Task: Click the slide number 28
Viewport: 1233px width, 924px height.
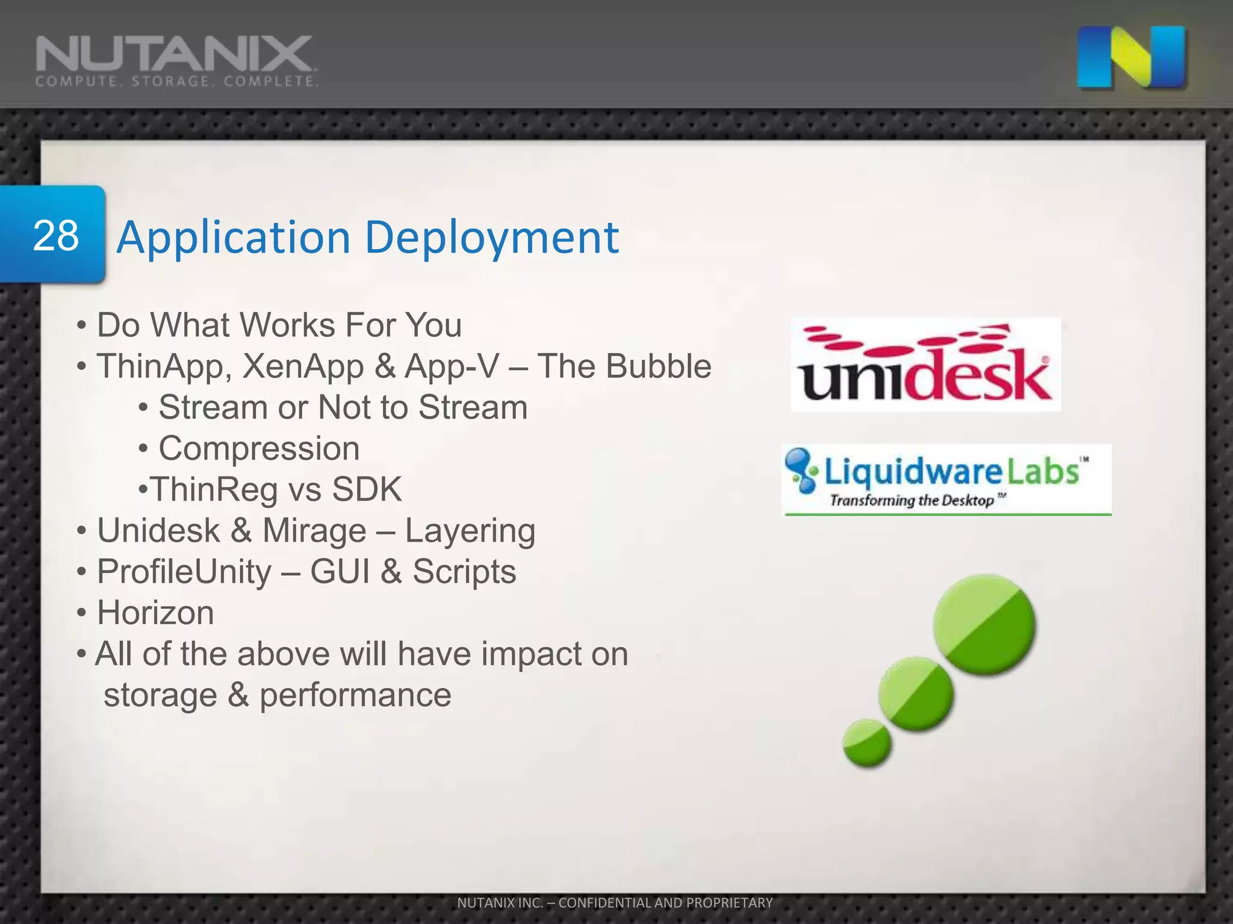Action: click(x=55, y=236)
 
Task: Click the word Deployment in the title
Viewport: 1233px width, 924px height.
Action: click(x=491, y=238)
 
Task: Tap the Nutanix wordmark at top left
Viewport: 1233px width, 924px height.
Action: click(x=175, y=54)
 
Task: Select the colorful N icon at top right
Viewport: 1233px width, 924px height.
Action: click(x=1131, y=57)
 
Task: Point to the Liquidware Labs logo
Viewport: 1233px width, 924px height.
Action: click(x=946, y=479)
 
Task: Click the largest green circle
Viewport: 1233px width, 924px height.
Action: click(x=984, y=624)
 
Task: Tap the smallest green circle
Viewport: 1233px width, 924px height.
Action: click(x=866, y=744)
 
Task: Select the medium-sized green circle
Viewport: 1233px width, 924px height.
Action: click(x=915, y=694)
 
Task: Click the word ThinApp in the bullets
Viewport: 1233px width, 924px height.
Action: click(x=160, y=366)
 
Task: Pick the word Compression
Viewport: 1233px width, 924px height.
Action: click(x=259, y=449)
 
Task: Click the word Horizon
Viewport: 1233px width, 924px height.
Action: click(x=155, y=613)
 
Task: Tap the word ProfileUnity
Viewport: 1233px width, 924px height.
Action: click(x=184, y=571)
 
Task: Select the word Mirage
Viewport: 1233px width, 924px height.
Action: click(x=314, y=531)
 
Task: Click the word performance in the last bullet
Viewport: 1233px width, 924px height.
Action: click(x=355, y=695)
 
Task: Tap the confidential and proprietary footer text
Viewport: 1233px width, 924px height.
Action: click(x=615, y=902)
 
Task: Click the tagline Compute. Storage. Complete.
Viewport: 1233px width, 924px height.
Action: click(x=176, y=82)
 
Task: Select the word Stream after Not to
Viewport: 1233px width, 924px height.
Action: click(x=473, y=408)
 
